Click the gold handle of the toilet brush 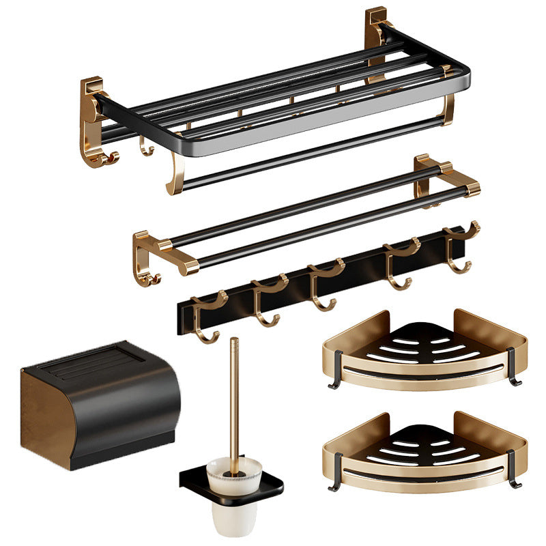234,396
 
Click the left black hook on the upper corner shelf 336,372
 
